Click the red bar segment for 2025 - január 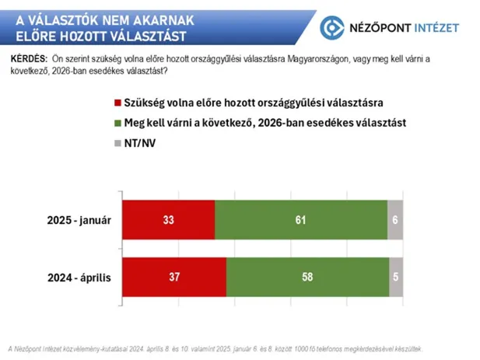click(167, 220)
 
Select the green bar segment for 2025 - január click(300, 220)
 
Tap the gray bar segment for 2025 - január click(395, 220)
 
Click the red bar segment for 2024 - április click(173, 276)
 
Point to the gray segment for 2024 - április click(397, 276)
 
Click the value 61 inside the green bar click(300, 220)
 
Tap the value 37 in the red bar click(173, 276)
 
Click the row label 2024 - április click(81, 276)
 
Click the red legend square click(117, 103)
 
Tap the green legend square click(117, 123)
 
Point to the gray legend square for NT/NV click(117, 143)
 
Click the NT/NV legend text click(141, 143)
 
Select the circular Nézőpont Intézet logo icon click(334, 28)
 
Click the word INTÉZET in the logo click(430, 28)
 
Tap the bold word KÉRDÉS click(28, 60)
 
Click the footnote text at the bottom click(214, 348)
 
